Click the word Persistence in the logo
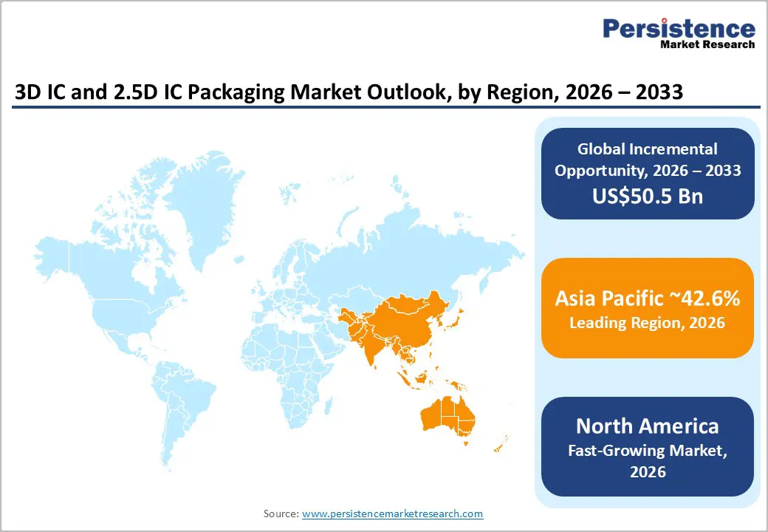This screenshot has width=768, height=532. (x=679, y=29)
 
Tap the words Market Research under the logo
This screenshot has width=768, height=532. (x=707, y=44)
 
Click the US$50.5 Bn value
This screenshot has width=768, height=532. (x=647, y=197)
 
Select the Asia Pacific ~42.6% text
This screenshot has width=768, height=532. (x=647, y=299)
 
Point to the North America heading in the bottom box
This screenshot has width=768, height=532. (x=647, y=426)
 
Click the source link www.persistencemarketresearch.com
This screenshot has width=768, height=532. (x=392, y=514)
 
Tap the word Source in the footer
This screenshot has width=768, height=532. (x=281, y=514)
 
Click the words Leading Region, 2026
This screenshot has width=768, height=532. (x=647, y=323)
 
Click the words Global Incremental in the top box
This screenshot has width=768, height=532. (x=647, y=149)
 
